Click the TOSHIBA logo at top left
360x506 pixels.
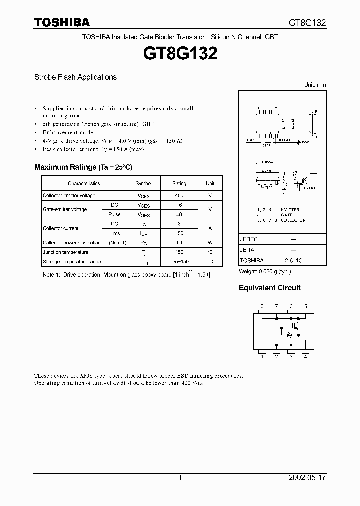pos(62,22)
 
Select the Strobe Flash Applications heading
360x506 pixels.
pos(75,77)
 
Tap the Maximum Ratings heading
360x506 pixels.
pos(83,167)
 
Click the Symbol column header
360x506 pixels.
pos(143,184)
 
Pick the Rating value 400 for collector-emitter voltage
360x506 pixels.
pos(179,196)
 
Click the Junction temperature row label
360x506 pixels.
pos(65,252)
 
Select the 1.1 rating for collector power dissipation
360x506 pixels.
pos(179,243)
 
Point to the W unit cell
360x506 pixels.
pos(210,243)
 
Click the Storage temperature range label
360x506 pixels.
pos(72,262)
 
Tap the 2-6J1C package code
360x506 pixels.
pos(294,260)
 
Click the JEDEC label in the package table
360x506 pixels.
pos(249,239)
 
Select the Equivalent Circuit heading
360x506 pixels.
pos(270,288)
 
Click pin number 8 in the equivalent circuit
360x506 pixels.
pos(262,306)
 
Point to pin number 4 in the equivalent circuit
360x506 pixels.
pos(305,356)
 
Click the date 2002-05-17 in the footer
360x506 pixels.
pos(307,478)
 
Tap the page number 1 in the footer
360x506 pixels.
pos(180,478)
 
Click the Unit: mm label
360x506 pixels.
pos(315,85)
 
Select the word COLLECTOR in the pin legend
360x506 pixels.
pos(293,220)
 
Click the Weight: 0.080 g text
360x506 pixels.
pos(265,271)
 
